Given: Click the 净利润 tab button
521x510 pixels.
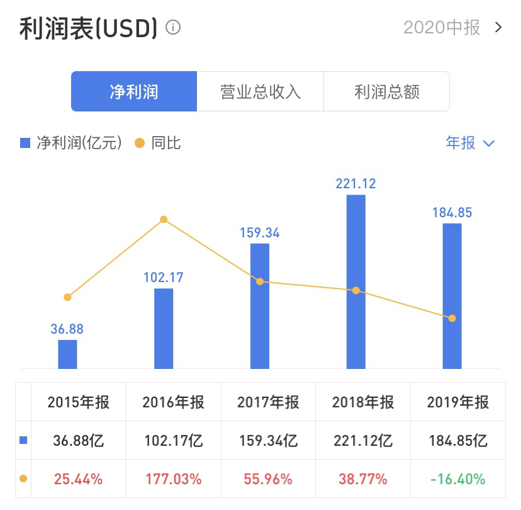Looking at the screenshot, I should tap(134, 92).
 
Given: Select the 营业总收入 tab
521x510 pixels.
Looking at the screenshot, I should tap(260, 92).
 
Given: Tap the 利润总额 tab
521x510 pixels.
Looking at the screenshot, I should tap(386, 92).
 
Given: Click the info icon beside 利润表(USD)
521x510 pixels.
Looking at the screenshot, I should tap(173, 28).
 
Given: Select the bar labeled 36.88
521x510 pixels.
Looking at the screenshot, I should tap(67, 354).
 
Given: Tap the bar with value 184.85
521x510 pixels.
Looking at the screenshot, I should tap(452, 296).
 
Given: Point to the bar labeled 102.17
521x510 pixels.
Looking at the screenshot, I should tap(164, 328).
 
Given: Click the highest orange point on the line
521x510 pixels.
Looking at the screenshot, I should tap(164, 220).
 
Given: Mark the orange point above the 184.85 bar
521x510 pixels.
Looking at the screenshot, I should tap(452, 318).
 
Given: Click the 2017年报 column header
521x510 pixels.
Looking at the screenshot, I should tap(268, 402).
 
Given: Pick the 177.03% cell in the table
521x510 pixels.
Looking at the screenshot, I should tap(173, 479).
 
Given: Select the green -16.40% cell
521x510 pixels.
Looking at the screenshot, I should tap(457, 479).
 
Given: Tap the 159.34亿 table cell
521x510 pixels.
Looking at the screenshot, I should tap(268, 441).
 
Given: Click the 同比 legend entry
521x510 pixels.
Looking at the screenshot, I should tap(159, 143).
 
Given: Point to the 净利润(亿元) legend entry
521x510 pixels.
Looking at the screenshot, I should tap(72, 143).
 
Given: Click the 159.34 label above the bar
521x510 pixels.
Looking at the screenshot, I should tap(260, 233).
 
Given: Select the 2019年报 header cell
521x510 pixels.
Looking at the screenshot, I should tap(457, 402).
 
